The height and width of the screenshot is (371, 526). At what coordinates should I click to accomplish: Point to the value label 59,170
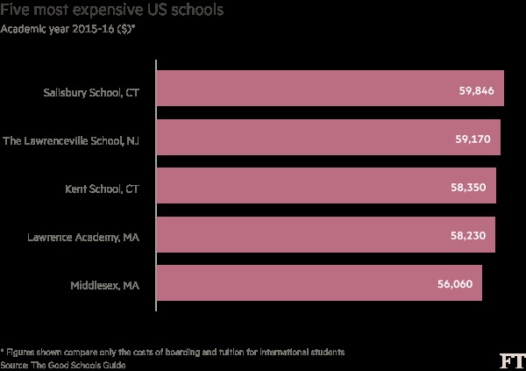(474, 139)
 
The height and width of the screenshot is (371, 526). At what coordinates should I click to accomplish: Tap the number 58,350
(470, 188)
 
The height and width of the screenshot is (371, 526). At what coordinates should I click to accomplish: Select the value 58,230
(469, 236)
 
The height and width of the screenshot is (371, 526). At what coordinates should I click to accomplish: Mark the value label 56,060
(455, 285)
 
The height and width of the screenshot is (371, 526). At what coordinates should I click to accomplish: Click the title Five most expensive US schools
(110, 11)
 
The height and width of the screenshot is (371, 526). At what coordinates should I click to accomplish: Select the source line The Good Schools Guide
(58, 363)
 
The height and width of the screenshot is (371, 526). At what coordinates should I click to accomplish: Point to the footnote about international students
(173, 352)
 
